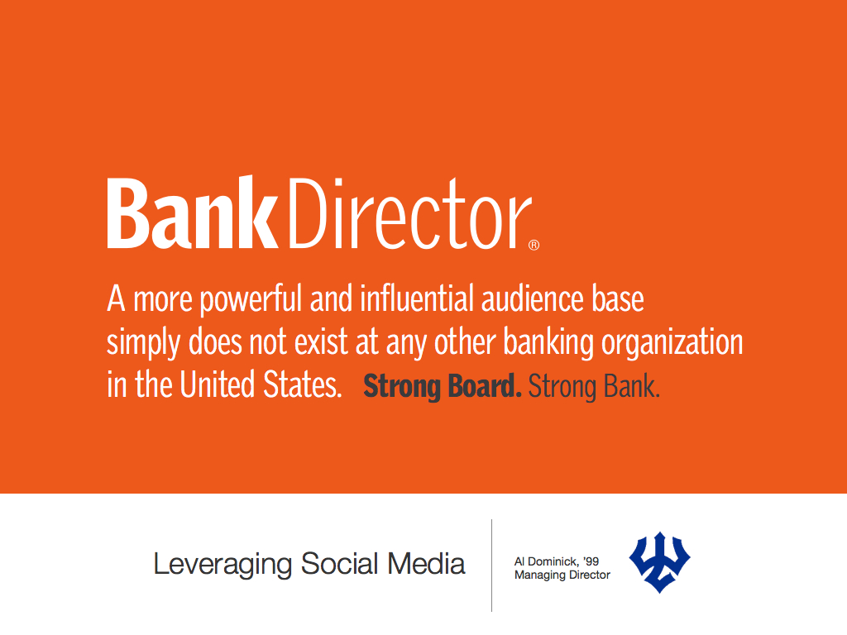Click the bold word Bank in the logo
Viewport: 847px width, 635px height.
click(192, 212)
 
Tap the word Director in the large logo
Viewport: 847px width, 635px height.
click(411, 213)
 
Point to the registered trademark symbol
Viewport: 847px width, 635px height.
click(534, 245)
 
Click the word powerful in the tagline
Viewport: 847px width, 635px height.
click(251, 299)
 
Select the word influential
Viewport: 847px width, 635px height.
click(417, 298)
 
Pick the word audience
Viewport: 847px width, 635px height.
click(533, 298)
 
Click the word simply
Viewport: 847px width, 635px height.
click(144, 344)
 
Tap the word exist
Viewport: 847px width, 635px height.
click(321, 342)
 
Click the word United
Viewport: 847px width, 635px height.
click(218, 384)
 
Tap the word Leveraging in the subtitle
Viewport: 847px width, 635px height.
click(223, 565)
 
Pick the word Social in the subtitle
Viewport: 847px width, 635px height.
click(339, 564)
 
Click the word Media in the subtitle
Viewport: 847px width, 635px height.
click(426, 564)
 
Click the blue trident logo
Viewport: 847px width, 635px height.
click(659, 562)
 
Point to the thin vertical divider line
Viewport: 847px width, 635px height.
click(491, 566)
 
